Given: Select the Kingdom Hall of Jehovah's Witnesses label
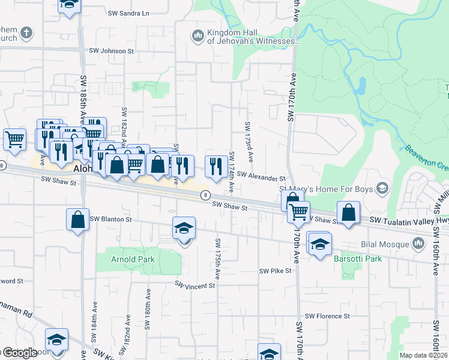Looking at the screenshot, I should [x=252, y=37].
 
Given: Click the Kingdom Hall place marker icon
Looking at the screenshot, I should [x=197, y=37].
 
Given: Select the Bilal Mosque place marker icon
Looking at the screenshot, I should [x=418, y=243].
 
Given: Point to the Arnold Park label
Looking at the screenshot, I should [x=133, y=260].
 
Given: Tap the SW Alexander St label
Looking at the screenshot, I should [x=261, y=177].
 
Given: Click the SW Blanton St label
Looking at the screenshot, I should [x=110, y=220].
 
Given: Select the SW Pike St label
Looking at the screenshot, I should [x=275, y=271].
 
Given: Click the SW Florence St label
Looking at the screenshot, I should [x=328, y=316].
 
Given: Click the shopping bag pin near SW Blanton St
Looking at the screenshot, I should [x=78, y=219].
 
